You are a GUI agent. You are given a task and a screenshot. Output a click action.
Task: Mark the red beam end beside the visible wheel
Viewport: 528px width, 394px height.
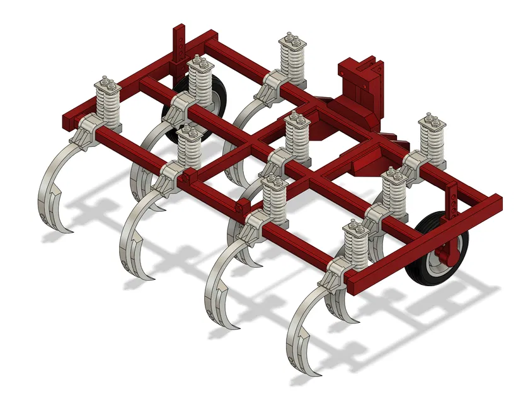point(493,204)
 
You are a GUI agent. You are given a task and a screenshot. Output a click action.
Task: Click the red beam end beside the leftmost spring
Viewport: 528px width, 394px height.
point(68,120)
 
